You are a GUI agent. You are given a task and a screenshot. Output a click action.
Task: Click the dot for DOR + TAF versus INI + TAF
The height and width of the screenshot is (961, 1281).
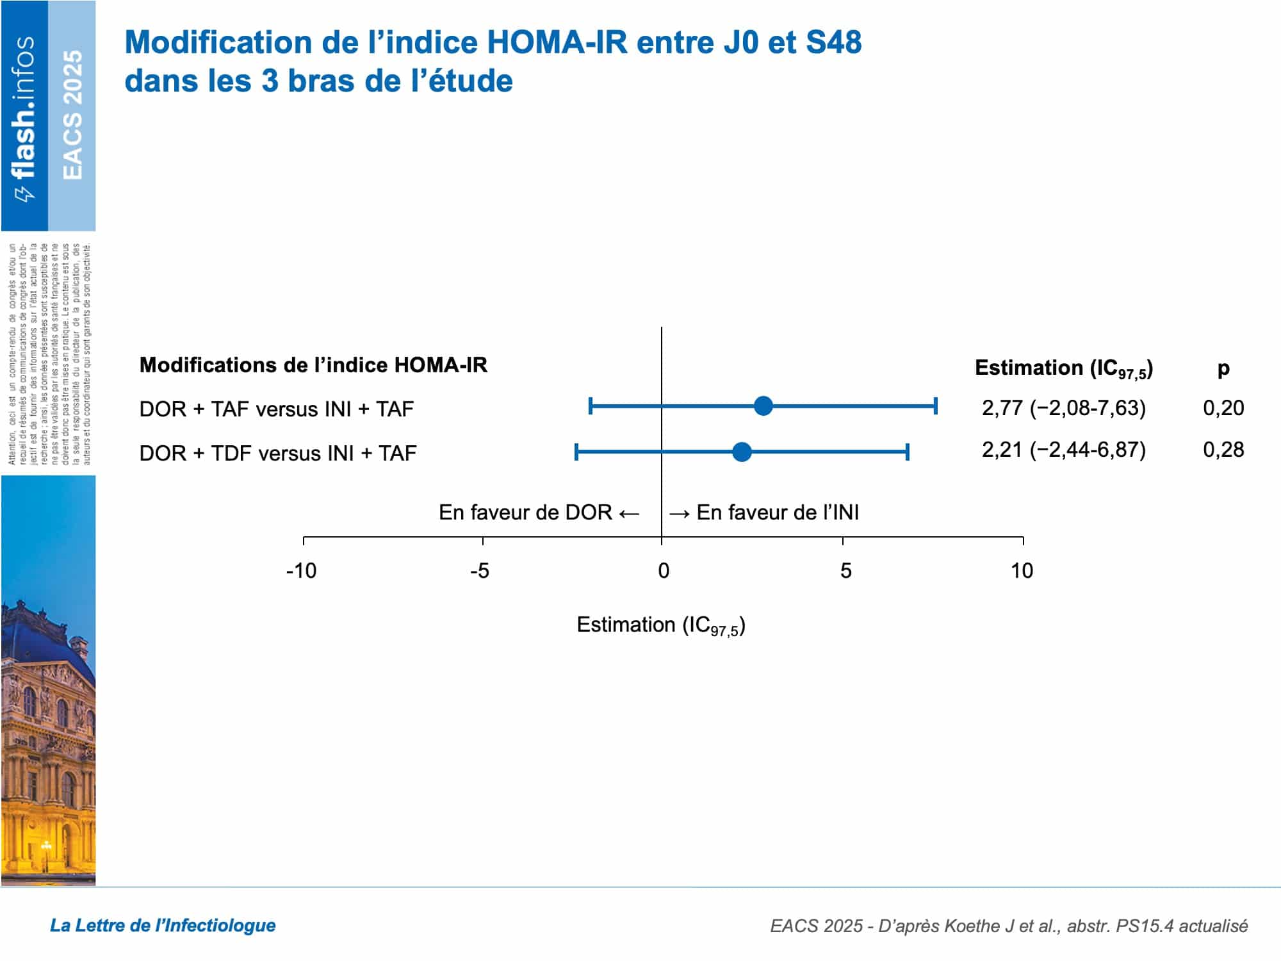pyautogui.click(x=763, y=406)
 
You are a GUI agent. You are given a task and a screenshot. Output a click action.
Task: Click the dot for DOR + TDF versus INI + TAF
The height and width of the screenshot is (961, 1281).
pyautogui.click(x=742, y=452)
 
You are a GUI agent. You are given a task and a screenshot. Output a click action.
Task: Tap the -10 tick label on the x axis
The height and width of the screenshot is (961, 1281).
pyautogui.click(x=301, y=571)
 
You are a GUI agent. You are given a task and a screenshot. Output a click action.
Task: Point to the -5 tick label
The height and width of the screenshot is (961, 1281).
pyautogui.click(x=480, y=571)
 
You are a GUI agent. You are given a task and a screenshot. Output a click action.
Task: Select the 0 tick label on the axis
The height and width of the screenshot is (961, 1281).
pyautogui.click(x=664, y=571)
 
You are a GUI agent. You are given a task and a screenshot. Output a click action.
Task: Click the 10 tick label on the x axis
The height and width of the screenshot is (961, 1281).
pyautogui.click(x=1022, y=571)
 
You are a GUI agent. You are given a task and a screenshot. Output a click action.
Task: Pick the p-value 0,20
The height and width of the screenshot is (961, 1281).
pyautogui.click(x=1223, y=408)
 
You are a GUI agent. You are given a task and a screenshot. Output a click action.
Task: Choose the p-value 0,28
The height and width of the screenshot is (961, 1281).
pyautogui.click(x=1223, y=450)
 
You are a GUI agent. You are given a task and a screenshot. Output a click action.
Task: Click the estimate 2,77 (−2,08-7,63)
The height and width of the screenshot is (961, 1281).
pyautogui.click(x=1064, y=408)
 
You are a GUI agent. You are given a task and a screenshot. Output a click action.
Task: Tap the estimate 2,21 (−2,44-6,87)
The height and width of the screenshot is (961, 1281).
pyautogui.click(x=1064, y=450)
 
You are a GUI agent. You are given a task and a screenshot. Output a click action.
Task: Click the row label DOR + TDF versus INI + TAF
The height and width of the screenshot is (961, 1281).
pyautogui.click(x=278, y=454)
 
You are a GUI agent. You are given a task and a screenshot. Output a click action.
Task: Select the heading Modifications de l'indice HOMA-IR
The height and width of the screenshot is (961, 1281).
pyautogui.click(x=313, y=365)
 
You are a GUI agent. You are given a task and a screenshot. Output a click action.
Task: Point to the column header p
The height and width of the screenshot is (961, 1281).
pyautogui.click(x=1223, y=369)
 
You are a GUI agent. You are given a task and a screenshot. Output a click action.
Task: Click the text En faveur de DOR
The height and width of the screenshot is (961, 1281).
pyautogui.click(x=525, y=513)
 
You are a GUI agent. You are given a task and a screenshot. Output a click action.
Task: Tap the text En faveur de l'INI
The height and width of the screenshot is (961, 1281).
pyautogui.click(x=778, y=513)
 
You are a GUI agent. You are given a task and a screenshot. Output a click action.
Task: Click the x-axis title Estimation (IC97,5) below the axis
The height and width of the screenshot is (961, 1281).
pyautogui.click(x=661, y=625)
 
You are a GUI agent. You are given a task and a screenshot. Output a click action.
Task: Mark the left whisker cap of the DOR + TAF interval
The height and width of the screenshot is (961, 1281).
pyautogui.click(x=591, y=406)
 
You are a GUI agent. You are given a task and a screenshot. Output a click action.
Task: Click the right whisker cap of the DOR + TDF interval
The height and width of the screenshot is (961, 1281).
pyautogui.click(x=908, y=452)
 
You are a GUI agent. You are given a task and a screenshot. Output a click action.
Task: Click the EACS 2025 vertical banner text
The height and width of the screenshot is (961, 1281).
pyautogui.click(x=72, y=115)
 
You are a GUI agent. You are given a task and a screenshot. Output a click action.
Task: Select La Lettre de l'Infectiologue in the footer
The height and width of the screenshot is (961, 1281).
pyautogui.click(x=163, y=925)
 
